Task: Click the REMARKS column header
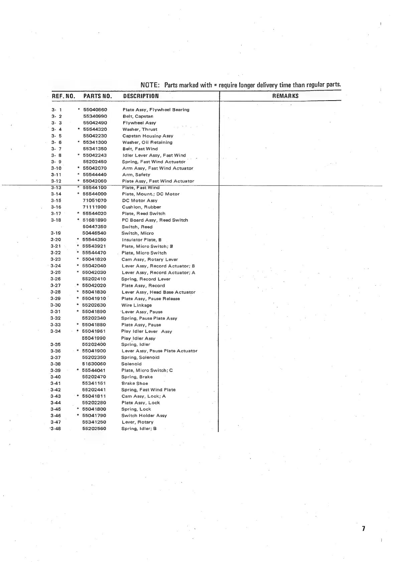coord(285,96)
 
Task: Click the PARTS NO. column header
coord(97,96)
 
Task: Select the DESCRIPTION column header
coord(141,96)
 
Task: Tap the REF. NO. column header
coord(63,96)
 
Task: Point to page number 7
coord(364,529)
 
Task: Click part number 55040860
coord(95,110)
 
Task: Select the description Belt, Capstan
coord(138,116)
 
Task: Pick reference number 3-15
coord(56,200)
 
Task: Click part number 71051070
coord(95,200)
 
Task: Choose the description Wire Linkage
coord(136,305)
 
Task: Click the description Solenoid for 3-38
coord(131,364)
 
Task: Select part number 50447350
coord(94,227)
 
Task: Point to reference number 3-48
coord(55,429)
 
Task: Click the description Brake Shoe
coord(135,384)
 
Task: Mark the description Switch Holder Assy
coord(144,416)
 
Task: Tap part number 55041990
coord(94,338)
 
